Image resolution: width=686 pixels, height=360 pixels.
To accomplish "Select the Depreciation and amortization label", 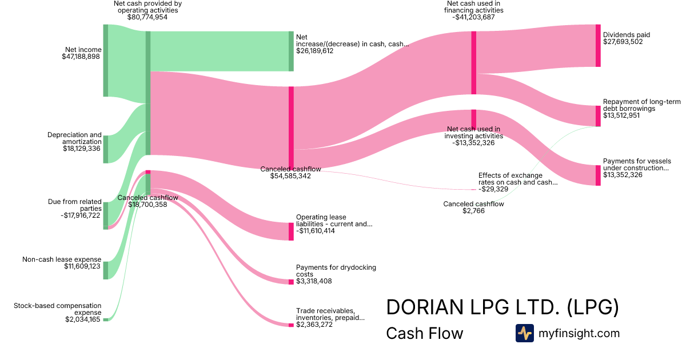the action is (x=74, y=138).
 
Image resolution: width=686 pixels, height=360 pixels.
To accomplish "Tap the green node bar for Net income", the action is (x=105, y=61).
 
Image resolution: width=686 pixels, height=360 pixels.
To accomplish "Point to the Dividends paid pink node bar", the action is (x=598, y=46).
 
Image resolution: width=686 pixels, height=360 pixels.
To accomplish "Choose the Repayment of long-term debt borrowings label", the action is (x=641, y=105).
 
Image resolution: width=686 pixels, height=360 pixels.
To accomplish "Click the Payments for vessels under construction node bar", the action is (x=598, y=175).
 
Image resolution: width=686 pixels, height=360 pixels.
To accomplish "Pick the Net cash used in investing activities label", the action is (x=474, y=133).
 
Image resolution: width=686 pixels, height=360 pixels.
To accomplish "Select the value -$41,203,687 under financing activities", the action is (x=473, y=18).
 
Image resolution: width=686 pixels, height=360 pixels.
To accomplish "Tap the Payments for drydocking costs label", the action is (x=336, y=271).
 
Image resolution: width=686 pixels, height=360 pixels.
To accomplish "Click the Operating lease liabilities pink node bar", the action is (x=291, y=231).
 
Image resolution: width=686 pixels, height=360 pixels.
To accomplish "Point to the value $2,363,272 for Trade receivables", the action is (x=314, y=325).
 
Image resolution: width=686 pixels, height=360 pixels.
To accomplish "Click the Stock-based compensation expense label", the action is (x=57, y=309).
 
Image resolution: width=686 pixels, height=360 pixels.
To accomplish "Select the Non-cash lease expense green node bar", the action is (x=105, y=270).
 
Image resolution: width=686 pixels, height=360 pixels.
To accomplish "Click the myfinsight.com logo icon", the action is (x=524, y=333).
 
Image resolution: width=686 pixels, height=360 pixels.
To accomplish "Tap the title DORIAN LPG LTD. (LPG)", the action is (x=502, y=307).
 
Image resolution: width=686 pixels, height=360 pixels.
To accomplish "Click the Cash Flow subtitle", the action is (x=425, y=333).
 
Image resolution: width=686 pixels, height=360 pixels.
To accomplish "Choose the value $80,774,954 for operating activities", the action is (x=147, y=18).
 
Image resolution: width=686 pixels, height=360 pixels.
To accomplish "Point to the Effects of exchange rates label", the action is (x=510, y=178).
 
